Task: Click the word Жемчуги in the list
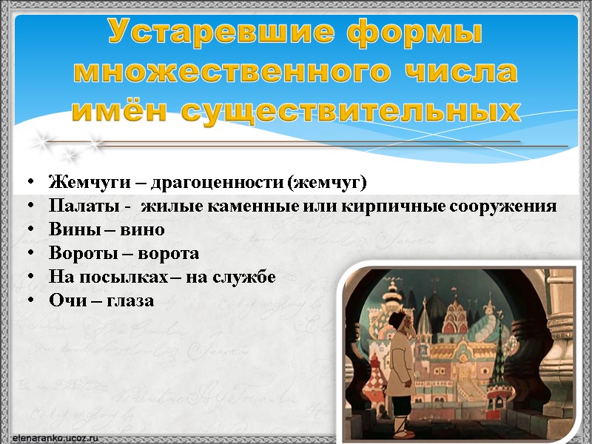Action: pyautogui.click(x=81, y=182)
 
